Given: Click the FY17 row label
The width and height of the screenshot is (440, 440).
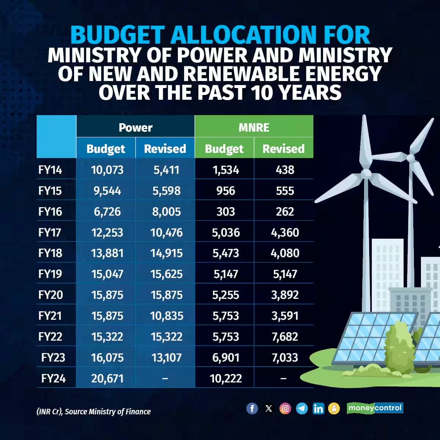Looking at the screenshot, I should tap(50, 232).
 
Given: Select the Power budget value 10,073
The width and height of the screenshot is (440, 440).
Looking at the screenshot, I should tap(107, 170).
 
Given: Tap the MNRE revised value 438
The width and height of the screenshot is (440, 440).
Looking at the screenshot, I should tap(285, 170).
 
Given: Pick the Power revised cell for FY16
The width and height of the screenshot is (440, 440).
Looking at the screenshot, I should tap(166, 212).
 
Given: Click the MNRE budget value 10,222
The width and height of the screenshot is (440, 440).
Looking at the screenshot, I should tap(226, 378).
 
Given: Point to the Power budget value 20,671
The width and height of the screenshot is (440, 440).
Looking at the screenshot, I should tap(107, 378).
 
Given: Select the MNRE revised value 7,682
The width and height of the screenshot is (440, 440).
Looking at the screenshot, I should tap(285, 337).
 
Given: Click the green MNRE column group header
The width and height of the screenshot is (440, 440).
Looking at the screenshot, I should tap(254, 127).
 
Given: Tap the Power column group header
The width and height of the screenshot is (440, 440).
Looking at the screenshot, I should tap(135, 127).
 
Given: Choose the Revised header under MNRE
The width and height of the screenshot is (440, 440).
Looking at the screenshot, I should tap(283, 148).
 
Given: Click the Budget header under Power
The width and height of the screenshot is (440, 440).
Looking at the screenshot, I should tap(106, 148).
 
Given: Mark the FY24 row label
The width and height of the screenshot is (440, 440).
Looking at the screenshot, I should tap(54, 378).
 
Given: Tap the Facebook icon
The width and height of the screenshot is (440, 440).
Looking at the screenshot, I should tap(252, 408).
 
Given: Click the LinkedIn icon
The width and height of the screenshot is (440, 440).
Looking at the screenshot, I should tap(318, 408).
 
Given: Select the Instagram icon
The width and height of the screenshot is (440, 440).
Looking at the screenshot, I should tap(285, 408).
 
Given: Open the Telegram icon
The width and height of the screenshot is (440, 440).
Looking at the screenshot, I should tap(302, 408).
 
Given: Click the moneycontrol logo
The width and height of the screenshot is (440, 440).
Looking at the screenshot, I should tap(375, 408).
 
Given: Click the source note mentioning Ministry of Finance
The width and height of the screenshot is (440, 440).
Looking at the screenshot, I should tap(93, 411).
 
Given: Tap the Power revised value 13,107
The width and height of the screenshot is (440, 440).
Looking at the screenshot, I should tap(166, 357).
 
